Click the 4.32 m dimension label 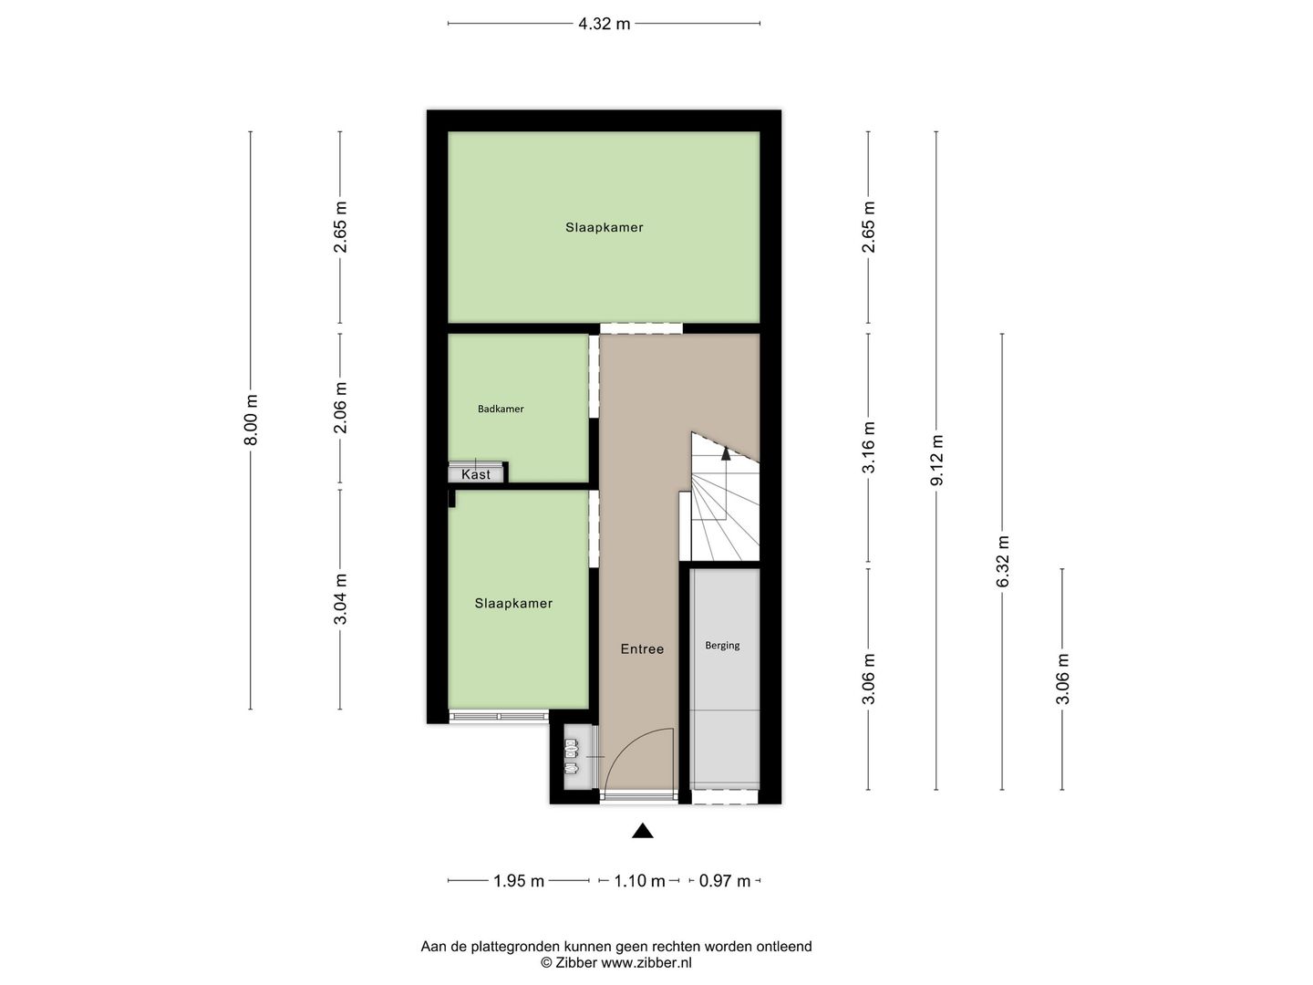[604, 24]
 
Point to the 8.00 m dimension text [251, 420]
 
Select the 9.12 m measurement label [936, 461]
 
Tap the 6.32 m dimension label [1002, 562]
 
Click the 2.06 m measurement [340, 408]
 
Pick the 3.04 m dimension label [340, 599]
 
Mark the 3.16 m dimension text [868, 447]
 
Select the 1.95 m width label [518, 881]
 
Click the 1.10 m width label [639, 881]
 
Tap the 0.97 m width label [725, 881]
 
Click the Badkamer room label [501, 409]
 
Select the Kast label [475, 474]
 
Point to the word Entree [642, 649]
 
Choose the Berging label [722, 646]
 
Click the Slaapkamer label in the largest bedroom [604, 228]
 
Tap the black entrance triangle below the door [643, 830]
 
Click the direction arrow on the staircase [726, 451]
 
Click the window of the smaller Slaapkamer [499, 717]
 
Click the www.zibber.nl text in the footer [646, 962]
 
